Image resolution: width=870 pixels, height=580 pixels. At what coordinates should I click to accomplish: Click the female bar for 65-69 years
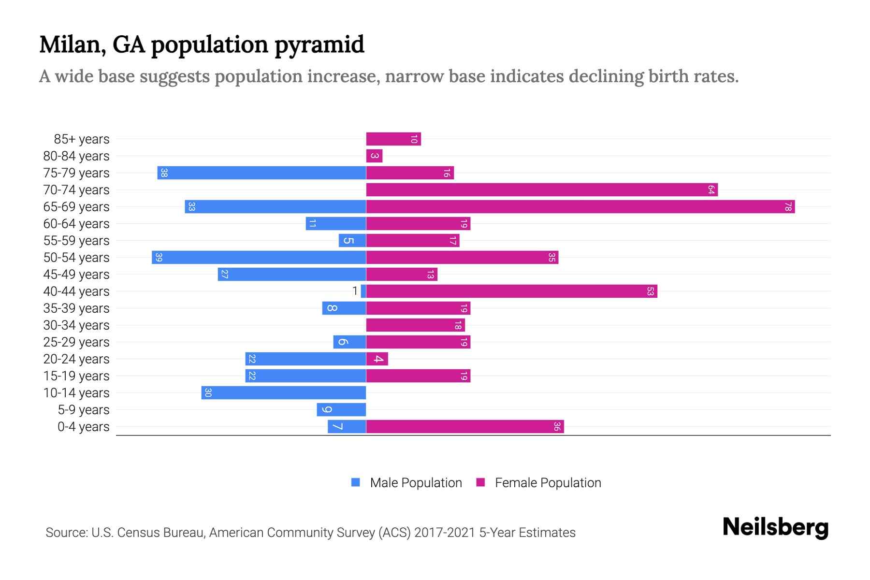[x=580, y=207]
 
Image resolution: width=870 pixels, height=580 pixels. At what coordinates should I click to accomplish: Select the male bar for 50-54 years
[x=259, y=258]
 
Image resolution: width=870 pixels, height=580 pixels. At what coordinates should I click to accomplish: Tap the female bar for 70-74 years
[x=541, y=190]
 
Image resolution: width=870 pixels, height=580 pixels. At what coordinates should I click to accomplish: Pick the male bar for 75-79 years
[x=261, y=173]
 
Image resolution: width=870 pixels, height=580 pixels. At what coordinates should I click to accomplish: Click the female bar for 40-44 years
[x=511, y=291]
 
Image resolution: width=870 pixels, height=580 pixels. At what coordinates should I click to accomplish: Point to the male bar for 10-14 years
[x=284, y=393]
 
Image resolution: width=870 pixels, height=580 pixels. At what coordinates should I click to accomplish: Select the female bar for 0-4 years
[x=465, y=427]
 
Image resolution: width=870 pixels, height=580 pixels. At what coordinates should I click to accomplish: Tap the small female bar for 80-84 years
[x=374, y=156]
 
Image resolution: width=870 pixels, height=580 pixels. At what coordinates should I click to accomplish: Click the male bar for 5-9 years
[x=341, y=410]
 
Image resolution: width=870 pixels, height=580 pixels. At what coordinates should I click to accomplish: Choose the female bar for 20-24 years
[x=377, y=359]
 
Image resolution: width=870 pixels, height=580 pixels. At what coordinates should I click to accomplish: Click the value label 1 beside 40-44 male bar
[x=355, y=291]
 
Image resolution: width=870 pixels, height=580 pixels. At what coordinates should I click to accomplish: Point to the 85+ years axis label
[x=82, y=139]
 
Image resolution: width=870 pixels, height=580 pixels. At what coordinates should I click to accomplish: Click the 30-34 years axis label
[x=76, y=325]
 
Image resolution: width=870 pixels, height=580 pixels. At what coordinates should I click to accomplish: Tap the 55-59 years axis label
[x=76, y=241]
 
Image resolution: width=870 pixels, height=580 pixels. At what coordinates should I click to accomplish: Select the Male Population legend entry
[x=416, y=483]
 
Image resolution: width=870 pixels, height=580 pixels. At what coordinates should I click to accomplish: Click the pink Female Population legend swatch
[x=480, y=482]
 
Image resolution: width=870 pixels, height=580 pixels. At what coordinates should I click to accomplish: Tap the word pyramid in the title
[x=319, y=45]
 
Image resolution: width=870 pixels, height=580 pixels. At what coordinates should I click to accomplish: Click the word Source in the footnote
[x=66, y=533]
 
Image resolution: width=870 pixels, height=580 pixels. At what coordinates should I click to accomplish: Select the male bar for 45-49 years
[x=291, y=275]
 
